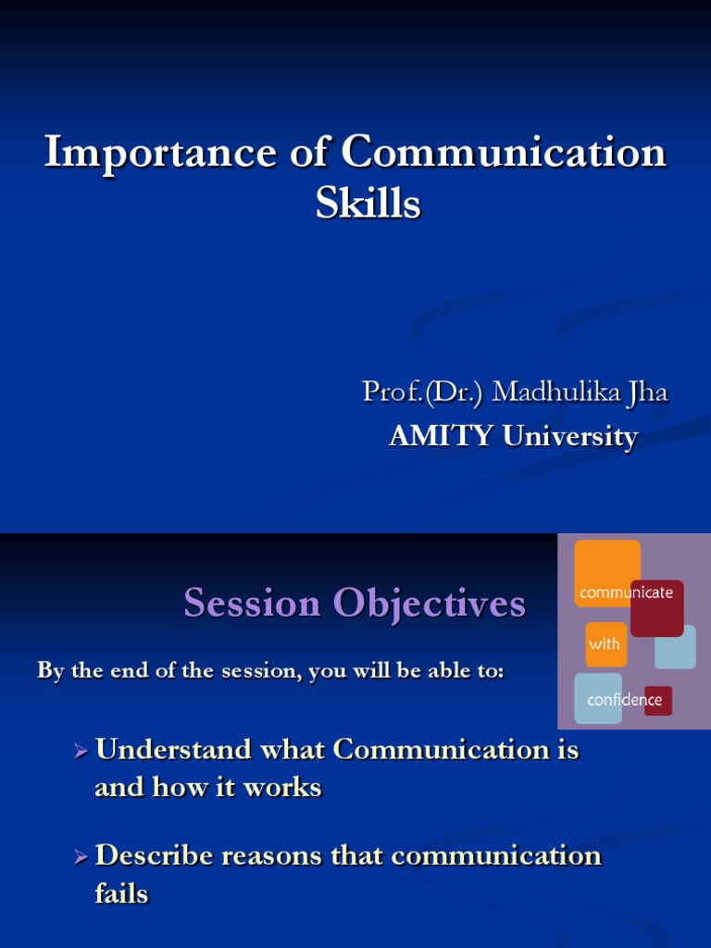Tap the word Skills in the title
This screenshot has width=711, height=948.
click(368, 204)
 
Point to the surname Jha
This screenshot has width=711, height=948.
click(645, 393)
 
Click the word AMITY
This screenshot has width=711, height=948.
click(441, 437)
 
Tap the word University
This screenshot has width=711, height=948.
click(569, 437)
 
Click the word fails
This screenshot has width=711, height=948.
click(121, 894)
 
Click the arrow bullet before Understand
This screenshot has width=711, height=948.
click(81, 751)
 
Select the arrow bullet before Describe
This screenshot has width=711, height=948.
click(81, 856)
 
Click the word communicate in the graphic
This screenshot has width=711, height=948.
click(626, 592)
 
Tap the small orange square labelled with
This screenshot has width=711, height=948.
click(605, 643)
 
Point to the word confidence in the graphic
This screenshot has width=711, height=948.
click(624, 700)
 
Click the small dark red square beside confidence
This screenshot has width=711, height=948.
click(658, 701)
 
